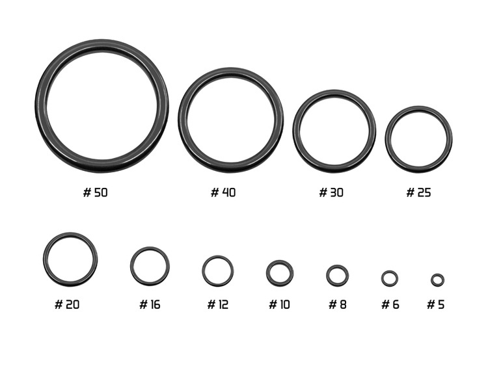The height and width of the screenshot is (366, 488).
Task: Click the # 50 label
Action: coord(95,192)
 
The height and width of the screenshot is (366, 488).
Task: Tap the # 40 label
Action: coord(223,192)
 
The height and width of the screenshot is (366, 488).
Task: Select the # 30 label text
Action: coord(331,192)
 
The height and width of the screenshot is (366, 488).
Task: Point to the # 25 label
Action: coord(418,192)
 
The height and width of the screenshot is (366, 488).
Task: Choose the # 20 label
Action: coord(67,304)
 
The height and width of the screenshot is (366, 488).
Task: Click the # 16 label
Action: coord(150,304)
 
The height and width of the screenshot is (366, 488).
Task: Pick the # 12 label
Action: coord(217,304)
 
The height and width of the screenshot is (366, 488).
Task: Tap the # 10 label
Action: coord(279,304)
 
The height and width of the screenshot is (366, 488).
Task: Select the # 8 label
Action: coord(337,304)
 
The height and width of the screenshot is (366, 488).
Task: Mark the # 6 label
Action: coord(390,304)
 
